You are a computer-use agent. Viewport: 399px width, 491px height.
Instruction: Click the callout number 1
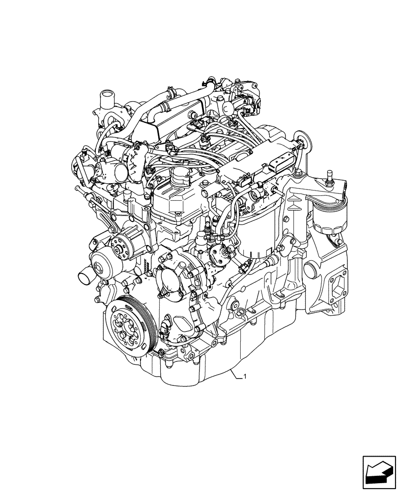(x=245, y=377)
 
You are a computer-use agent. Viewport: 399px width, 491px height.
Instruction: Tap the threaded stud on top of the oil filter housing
(x=329, y=174)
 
